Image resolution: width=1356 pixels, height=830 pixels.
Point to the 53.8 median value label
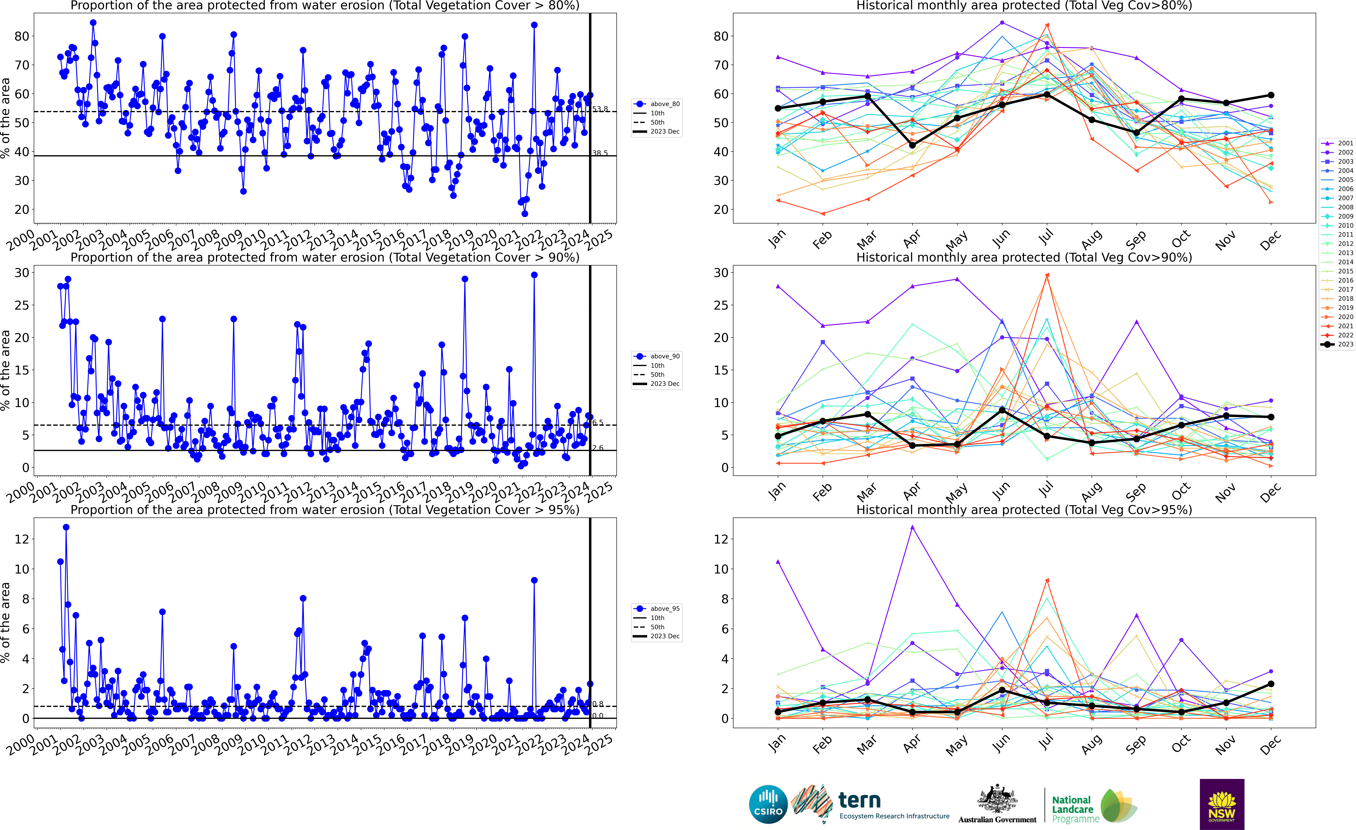coord(600,109)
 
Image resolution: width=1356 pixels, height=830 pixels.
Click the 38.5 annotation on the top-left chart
coord(600,154)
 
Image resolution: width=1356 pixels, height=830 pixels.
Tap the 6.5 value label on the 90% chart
coord(598,423)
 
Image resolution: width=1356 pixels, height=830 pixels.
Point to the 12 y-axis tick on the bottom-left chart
coord(22,539)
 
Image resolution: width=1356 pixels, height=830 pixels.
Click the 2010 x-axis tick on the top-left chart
coord(252,240)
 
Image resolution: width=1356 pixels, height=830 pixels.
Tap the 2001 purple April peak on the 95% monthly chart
coord(912,527)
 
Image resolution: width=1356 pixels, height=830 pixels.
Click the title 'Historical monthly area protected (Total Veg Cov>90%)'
coord(1024,258)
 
